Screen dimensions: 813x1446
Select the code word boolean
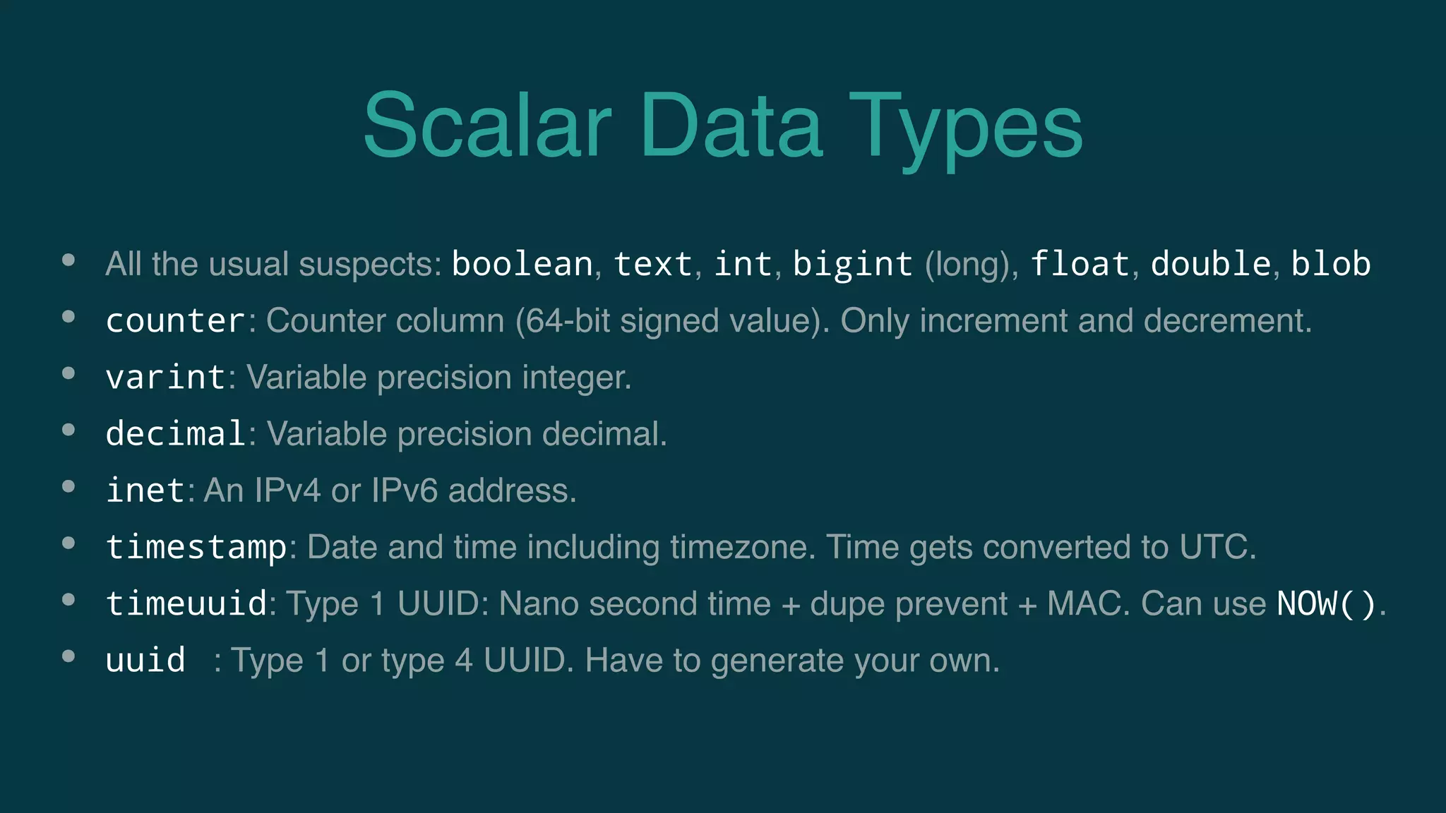[x=522, y=264]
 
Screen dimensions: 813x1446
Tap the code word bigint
[x=852, y=264]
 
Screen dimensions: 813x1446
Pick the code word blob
[x=1330, y=264]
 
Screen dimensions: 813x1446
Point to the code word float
[x=1080, y=264]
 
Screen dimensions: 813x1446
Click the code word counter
[x=175, y=321]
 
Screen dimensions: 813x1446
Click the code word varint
[x=165, y=378]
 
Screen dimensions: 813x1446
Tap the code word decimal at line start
[x=175, y=434]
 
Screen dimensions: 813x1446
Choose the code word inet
[x=145, y=490]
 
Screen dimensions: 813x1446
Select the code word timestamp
[x=196, y=548]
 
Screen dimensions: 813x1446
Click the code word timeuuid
[x=186, y=604]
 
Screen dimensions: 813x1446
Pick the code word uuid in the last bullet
[x=145, y=661]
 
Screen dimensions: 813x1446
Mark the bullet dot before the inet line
[x=68, y=486]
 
